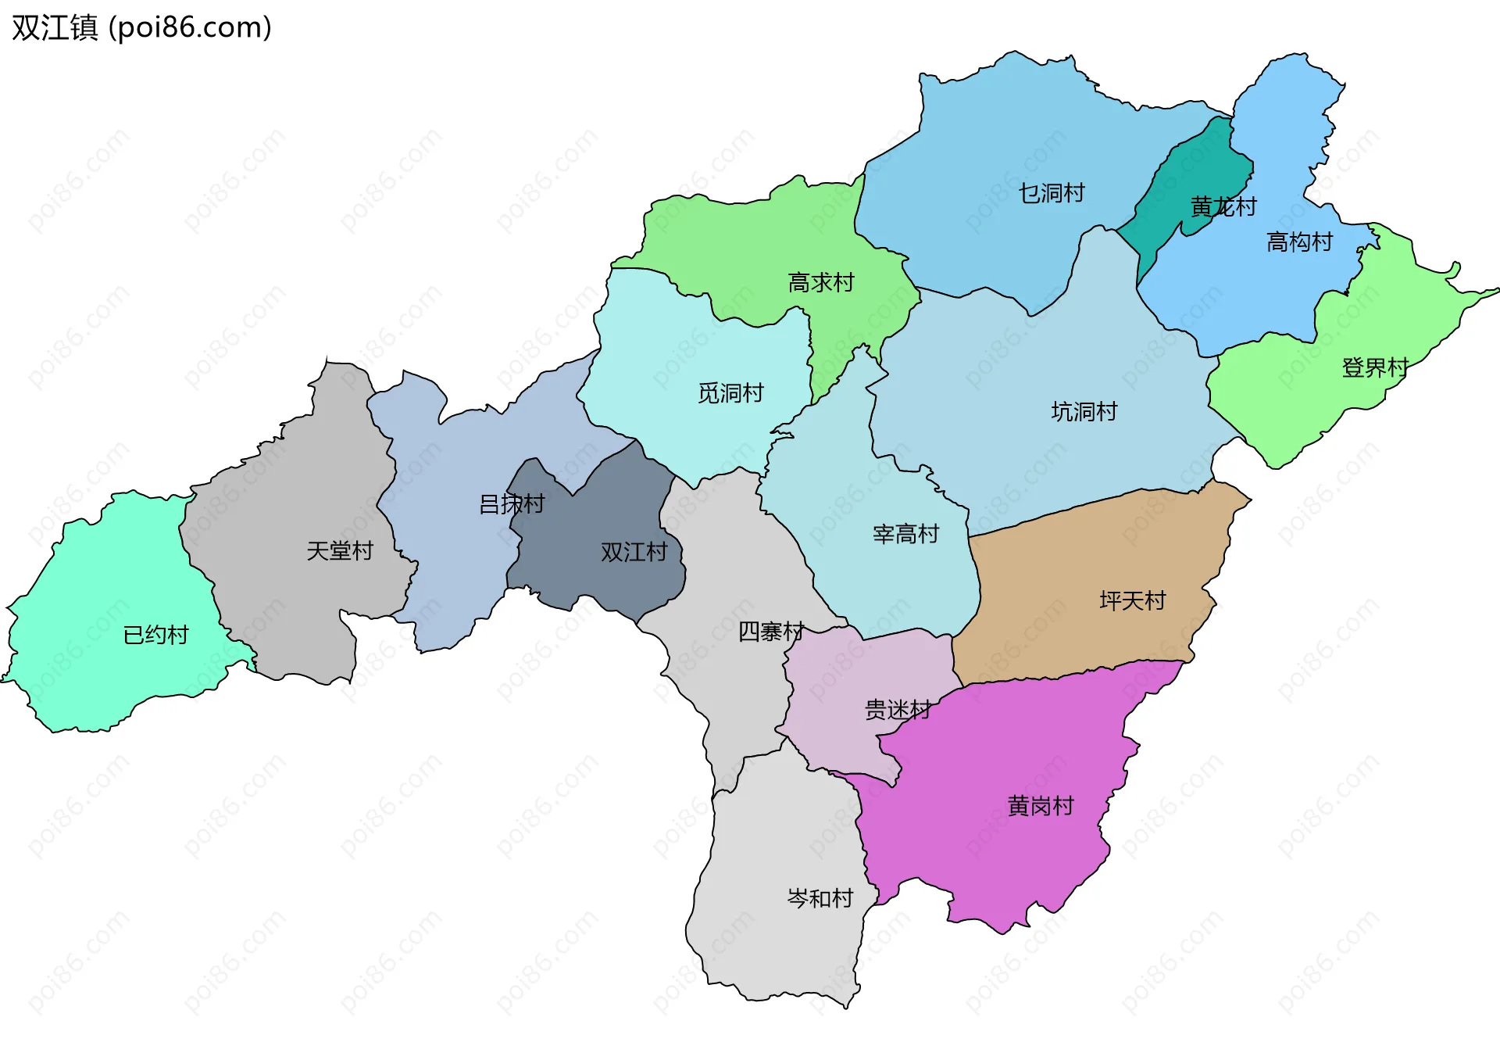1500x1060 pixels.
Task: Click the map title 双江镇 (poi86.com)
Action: click(x=141, y=27)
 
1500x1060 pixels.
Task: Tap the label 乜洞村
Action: click(x=1051, y=193)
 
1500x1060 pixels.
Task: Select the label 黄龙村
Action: click(x=1223, y=207)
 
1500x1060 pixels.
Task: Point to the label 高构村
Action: click(x=1298, y=242)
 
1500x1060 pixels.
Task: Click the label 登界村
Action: click(x=1374, y=367)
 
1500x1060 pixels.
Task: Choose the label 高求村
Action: click(x=820, y=282)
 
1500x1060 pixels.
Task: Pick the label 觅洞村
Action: click(x=730, y=393)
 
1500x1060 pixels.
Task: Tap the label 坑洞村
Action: click(x=1084, y=412)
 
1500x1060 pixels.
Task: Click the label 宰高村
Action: click(x=905, y=535)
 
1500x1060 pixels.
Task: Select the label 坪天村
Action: click(x=1132, y=601)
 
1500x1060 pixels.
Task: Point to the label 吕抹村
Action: click(x=511, y=504)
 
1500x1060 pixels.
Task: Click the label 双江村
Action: click(x=633, y=553)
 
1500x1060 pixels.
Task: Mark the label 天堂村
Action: click(x=339, y=551)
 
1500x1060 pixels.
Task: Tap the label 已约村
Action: click(x=155, y=635)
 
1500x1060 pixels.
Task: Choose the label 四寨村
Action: click(x=770, y=632)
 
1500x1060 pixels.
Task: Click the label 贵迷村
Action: click(x=897, y=710)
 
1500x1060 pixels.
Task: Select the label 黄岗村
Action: click(x=1040, y=806)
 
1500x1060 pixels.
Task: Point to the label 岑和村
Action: click(x=820, y=899)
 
